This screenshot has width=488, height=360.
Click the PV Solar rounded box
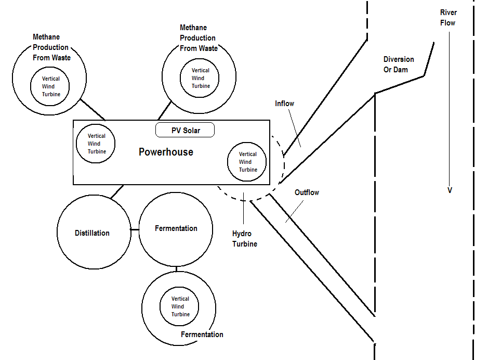coord(185,130)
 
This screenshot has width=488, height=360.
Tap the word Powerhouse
coord(166,152)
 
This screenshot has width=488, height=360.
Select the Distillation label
coord(91,233)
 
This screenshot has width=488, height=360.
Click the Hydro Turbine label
coord(244,239)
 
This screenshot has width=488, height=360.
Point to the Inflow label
coord(284,104)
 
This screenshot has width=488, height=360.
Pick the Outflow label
coord(307,192)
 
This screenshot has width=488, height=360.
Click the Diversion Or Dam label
coord(399,65)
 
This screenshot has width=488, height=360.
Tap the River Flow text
coord(447,18)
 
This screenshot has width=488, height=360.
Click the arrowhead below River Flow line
coord(450,190)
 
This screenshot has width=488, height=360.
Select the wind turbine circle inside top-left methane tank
coord(51,86)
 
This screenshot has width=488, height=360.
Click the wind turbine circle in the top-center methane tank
coord(200,78)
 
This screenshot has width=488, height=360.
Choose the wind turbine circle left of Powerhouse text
coord(96,144)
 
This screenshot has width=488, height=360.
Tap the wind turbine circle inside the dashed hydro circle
coord(247,162)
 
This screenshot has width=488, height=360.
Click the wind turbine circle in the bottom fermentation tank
coord(180,306)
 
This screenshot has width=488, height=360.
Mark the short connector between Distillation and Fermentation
coord(135,230)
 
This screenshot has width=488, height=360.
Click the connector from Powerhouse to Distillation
coord(117,191)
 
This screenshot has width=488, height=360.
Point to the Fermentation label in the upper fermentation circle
coord(176,228)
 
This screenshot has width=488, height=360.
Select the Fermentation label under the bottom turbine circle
coord(202,335)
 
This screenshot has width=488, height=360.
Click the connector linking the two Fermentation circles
coord(176,269)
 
